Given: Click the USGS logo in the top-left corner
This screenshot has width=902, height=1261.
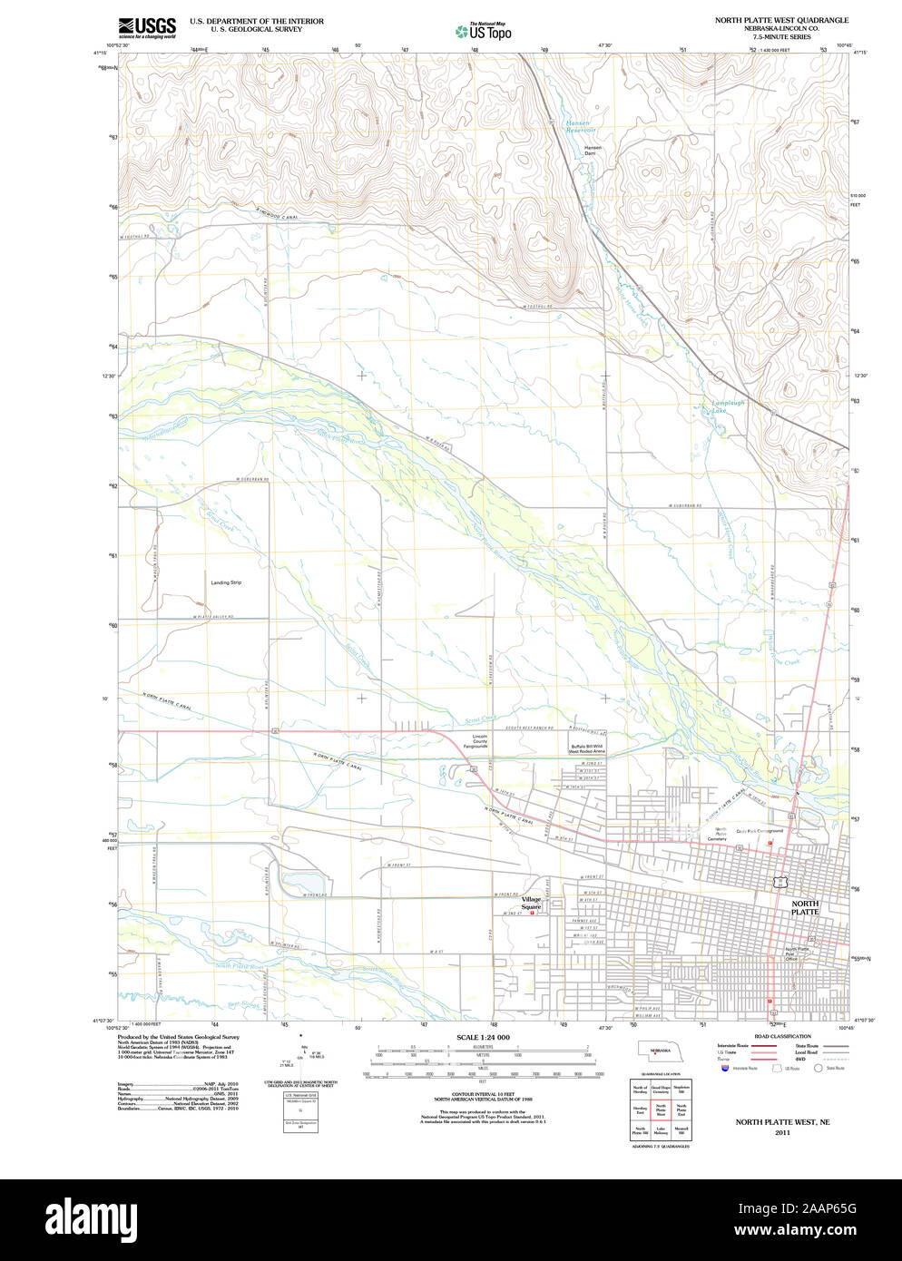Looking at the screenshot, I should (146, 26).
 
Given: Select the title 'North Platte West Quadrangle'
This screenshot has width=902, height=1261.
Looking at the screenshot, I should (781, 20).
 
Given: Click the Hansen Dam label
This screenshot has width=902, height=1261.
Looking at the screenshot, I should (593, 151).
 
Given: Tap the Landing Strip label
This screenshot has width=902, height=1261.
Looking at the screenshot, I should (226, 582).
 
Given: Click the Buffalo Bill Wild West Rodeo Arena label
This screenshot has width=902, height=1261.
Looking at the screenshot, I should (586, 748).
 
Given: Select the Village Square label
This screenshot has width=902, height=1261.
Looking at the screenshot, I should (531, 903).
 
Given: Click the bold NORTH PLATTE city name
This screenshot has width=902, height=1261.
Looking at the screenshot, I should (804, 907).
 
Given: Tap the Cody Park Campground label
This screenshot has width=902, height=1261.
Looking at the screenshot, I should (760, 830).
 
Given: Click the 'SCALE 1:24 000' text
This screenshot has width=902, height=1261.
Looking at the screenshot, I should (483, 1037).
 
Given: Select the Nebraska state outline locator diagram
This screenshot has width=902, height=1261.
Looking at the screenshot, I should (659, 1051).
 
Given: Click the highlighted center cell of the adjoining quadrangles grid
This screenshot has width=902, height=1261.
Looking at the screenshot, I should (660, 1109).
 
